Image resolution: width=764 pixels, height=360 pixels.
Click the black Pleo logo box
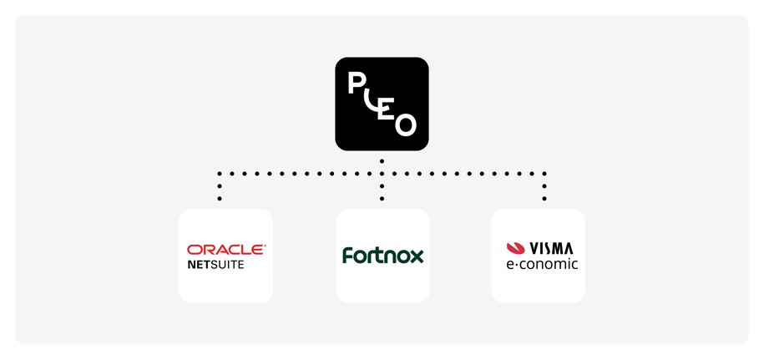[382, 104]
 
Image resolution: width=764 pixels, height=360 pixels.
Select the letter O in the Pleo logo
[405, 124]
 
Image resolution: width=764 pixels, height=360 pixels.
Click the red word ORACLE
[225, 249]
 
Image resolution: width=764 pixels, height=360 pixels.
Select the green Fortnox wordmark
[382, 256]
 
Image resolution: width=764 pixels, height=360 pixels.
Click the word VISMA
[551, 247]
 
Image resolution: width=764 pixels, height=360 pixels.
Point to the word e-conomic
[542, 264]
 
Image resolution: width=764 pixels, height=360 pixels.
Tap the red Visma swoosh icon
[516, 248]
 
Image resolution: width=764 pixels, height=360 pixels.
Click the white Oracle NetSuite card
[225, 284]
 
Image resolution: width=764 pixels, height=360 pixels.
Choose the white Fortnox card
[382, 284]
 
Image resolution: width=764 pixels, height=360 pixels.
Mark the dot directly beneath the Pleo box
[382, 160]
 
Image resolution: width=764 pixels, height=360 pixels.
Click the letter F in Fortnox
[347, 255]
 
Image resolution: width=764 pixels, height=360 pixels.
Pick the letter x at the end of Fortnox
[417, 256]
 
